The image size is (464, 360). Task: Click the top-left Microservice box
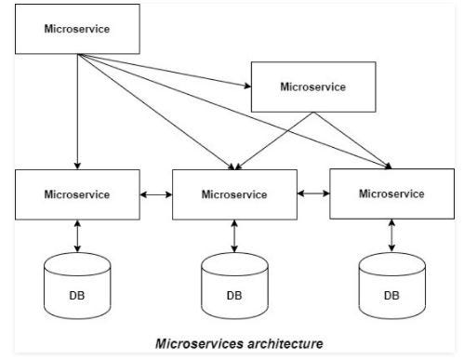point(76,28)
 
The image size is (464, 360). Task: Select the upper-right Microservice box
point(312,87)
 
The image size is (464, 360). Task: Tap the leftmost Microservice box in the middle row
point(76,194)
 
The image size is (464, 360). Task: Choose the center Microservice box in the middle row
point(233,195)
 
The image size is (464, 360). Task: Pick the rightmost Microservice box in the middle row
point(391,193)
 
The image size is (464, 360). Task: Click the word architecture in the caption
point(280,343)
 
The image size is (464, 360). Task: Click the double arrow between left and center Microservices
point(155,195)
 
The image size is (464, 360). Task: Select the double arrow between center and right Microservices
point(313,194)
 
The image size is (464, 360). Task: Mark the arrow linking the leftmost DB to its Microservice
point(76,235)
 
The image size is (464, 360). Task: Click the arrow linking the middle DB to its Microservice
point(233,236)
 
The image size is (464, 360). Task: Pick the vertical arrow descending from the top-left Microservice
point(76,112)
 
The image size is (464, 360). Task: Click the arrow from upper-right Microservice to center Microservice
point(275,140)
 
